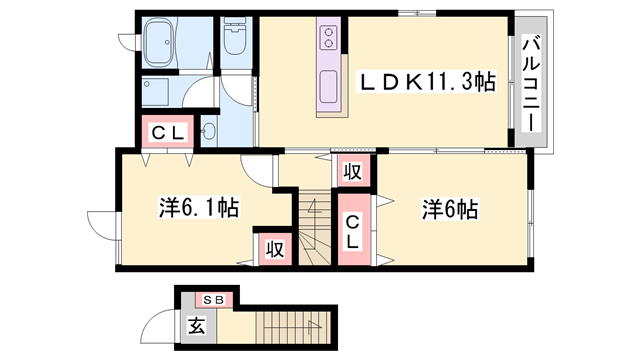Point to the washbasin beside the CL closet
point(209,130)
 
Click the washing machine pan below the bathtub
point(160,94)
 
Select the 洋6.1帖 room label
point(197,208)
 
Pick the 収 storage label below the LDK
point(352,171)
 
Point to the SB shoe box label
point(214,299)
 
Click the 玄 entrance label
point(196,326)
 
